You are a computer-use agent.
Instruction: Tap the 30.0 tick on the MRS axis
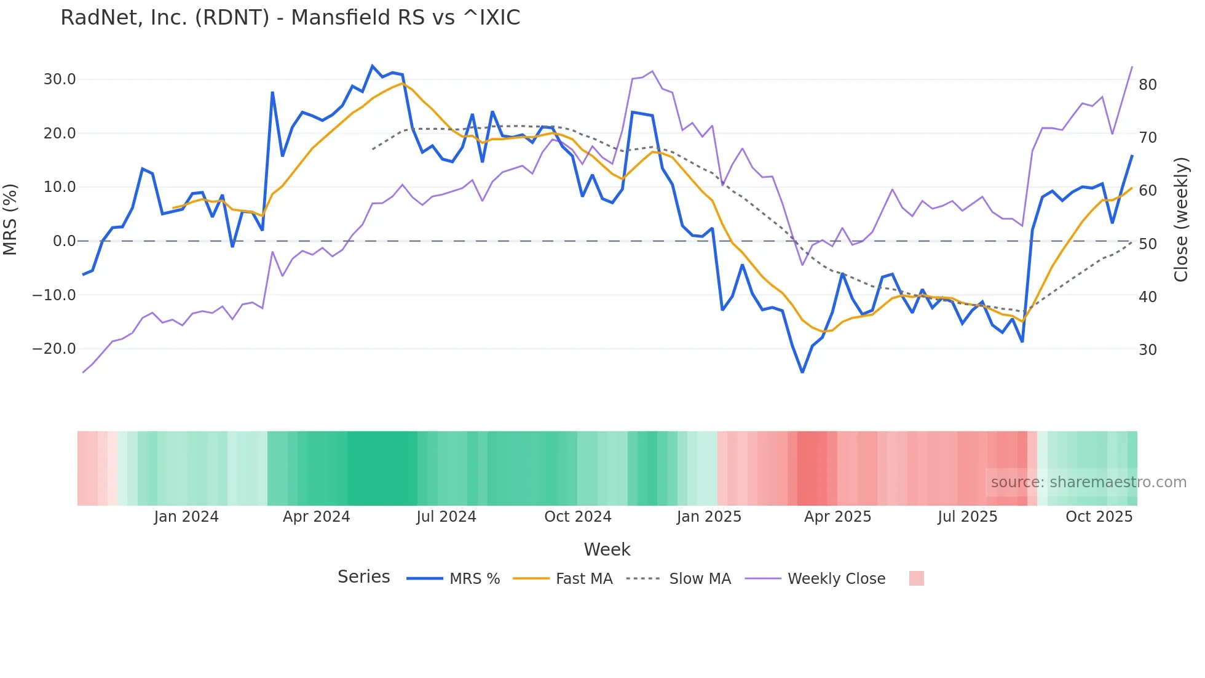click(x=60, y=79)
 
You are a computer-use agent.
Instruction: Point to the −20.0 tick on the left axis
click(x=54, y=349)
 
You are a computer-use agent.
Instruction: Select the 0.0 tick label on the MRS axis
click(x=64, y=241)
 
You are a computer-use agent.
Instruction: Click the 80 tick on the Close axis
click(x=1148, y=85)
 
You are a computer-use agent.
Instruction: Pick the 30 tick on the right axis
click(x=1148, y=350)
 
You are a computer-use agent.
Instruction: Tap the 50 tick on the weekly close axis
click(x=1148, y=244)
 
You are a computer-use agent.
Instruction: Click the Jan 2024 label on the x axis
click(x=186, y=517)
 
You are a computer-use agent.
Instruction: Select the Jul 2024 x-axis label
click(x=446, y=517)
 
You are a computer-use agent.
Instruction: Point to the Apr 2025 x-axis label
click(x=837, y=517)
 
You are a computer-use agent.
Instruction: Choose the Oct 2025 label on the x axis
click(x=1099, y=517)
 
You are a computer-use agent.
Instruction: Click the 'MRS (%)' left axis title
click(x=10, y=219)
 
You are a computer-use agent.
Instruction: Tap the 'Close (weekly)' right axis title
click(x=1181, y=220)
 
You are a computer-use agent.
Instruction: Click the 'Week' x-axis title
click(x=607, y=549)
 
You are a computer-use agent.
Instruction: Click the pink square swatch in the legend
click(x=916, y=578)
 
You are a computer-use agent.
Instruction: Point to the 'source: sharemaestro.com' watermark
click(x=1088, y=482)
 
